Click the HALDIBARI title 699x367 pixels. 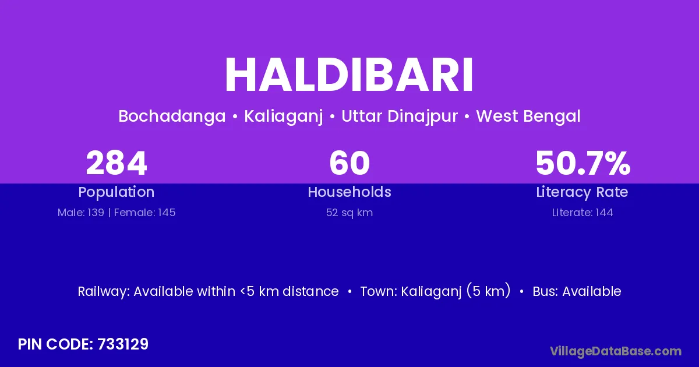[x=349, y=75]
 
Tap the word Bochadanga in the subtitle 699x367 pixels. [x=172, y=117]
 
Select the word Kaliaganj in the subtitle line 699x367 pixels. [x=283, y=117]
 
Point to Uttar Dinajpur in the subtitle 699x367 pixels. [x=400, y=117]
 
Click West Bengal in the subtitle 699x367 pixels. [x=528, y=117]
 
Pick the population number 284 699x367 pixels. [x=116, y=163]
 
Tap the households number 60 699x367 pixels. [x=349, y=163]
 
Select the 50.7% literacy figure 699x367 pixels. [x=583, y=163]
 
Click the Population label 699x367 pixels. [x=116, y=192]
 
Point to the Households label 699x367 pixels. [x=349, y=192]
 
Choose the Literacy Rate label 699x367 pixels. [x=582, y=192]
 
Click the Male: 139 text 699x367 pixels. [x=81, y=213]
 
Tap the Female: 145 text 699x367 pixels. [x=145, y=213]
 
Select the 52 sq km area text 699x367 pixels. [x=349, y=213]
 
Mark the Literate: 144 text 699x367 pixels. [x=582, y=213]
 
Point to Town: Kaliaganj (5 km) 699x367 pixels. [x=435, y=291]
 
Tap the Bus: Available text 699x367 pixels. [x=577, y=291]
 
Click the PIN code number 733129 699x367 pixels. [x=123, y=344]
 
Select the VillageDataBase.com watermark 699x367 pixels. [x=616, y=351]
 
